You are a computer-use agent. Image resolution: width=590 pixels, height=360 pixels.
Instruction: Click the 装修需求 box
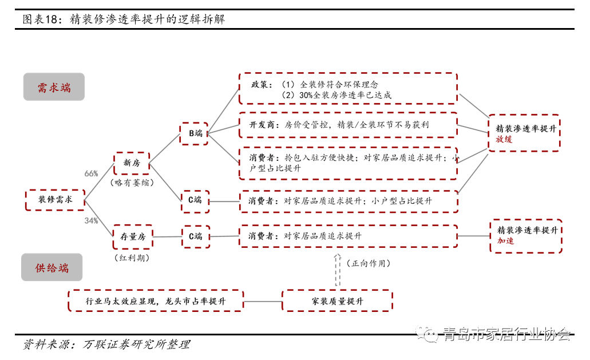(55, 200)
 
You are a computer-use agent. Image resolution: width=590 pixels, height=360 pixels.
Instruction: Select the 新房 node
(132, 163)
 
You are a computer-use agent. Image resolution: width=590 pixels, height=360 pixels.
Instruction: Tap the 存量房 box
(133, 236)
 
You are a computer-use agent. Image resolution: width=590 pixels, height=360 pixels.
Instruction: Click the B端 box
(195, 133)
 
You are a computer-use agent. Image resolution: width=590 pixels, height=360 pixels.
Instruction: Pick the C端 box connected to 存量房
(195, 236)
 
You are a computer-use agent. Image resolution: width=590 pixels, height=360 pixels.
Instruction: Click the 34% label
(91, 220)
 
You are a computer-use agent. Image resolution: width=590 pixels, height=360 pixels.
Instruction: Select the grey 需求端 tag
(54, 88)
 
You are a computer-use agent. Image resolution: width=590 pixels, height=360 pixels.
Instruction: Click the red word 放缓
(504, 140)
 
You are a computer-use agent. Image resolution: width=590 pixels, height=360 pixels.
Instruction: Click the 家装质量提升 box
(337, 301)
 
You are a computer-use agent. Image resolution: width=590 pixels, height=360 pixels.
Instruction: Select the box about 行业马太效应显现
(156, 301)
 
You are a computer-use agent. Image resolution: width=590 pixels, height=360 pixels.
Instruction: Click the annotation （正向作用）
(369, 264)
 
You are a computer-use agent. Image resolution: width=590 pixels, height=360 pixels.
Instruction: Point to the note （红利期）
(133, 258)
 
